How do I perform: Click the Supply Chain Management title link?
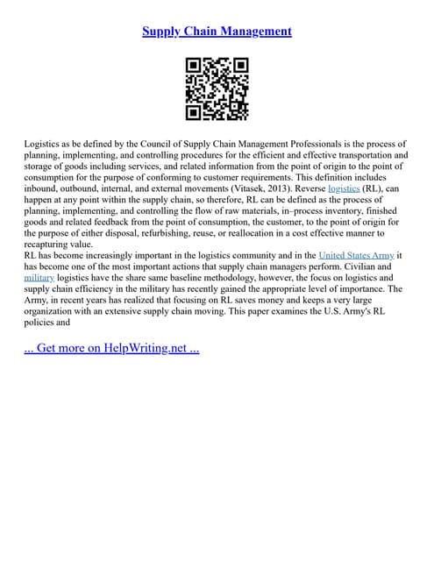tap(217, 32)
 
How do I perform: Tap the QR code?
tap(217, 89)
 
